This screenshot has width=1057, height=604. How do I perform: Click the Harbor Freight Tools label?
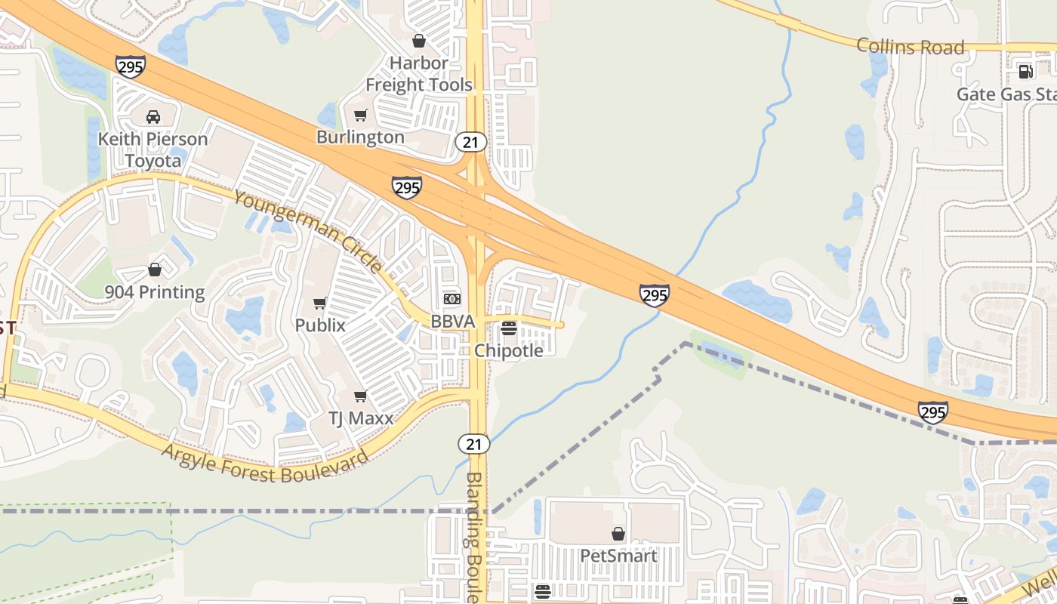click(x=419, y=74)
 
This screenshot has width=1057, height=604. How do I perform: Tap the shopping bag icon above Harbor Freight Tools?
click(x=419, y=41)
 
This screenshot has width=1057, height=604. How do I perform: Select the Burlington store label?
click(x=360, y=137)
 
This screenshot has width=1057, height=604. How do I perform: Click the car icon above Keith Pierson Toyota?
click(x=153, y=117)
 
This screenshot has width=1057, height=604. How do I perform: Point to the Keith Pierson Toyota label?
click(x=153, y=149)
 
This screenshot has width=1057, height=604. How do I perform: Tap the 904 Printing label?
click(x=155, y=292)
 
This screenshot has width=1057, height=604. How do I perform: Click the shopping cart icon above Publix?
click(x=319, y=304)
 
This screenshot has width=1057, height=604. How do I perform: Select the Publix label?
click(x=320, y=325)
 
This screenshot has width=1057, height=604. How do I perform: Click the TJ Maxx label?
click(x=361, y=418)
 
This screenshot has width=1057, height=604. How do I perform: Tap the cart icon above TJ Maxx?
click(x=361, y=396)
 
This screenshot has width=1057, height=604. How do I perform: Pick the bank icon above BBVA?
click(x=452, y=299)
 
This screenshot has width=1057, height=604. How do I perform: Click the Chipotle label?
click(x=509, y=350)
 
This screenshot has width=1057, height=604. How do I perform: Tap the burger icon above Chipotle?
click(x=509, y=328)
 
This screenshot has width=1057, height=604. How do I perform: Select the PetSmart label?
click(x=618, y=556)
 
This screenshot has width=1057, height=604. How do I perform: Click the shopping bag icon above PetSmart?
click(x=618, y=535)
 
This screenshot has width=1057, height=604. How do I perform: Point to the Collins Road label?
click(x=911, y=47)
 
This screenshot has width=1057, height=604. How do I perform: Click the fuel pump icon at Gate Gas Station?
click(x=1025, y=72)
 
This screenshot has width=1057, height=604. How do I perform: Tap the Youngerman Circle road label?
click(x=308, y=231)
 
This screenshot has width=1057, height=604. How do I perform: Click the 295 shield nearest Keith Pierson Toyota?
click(x=131, y=66)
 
